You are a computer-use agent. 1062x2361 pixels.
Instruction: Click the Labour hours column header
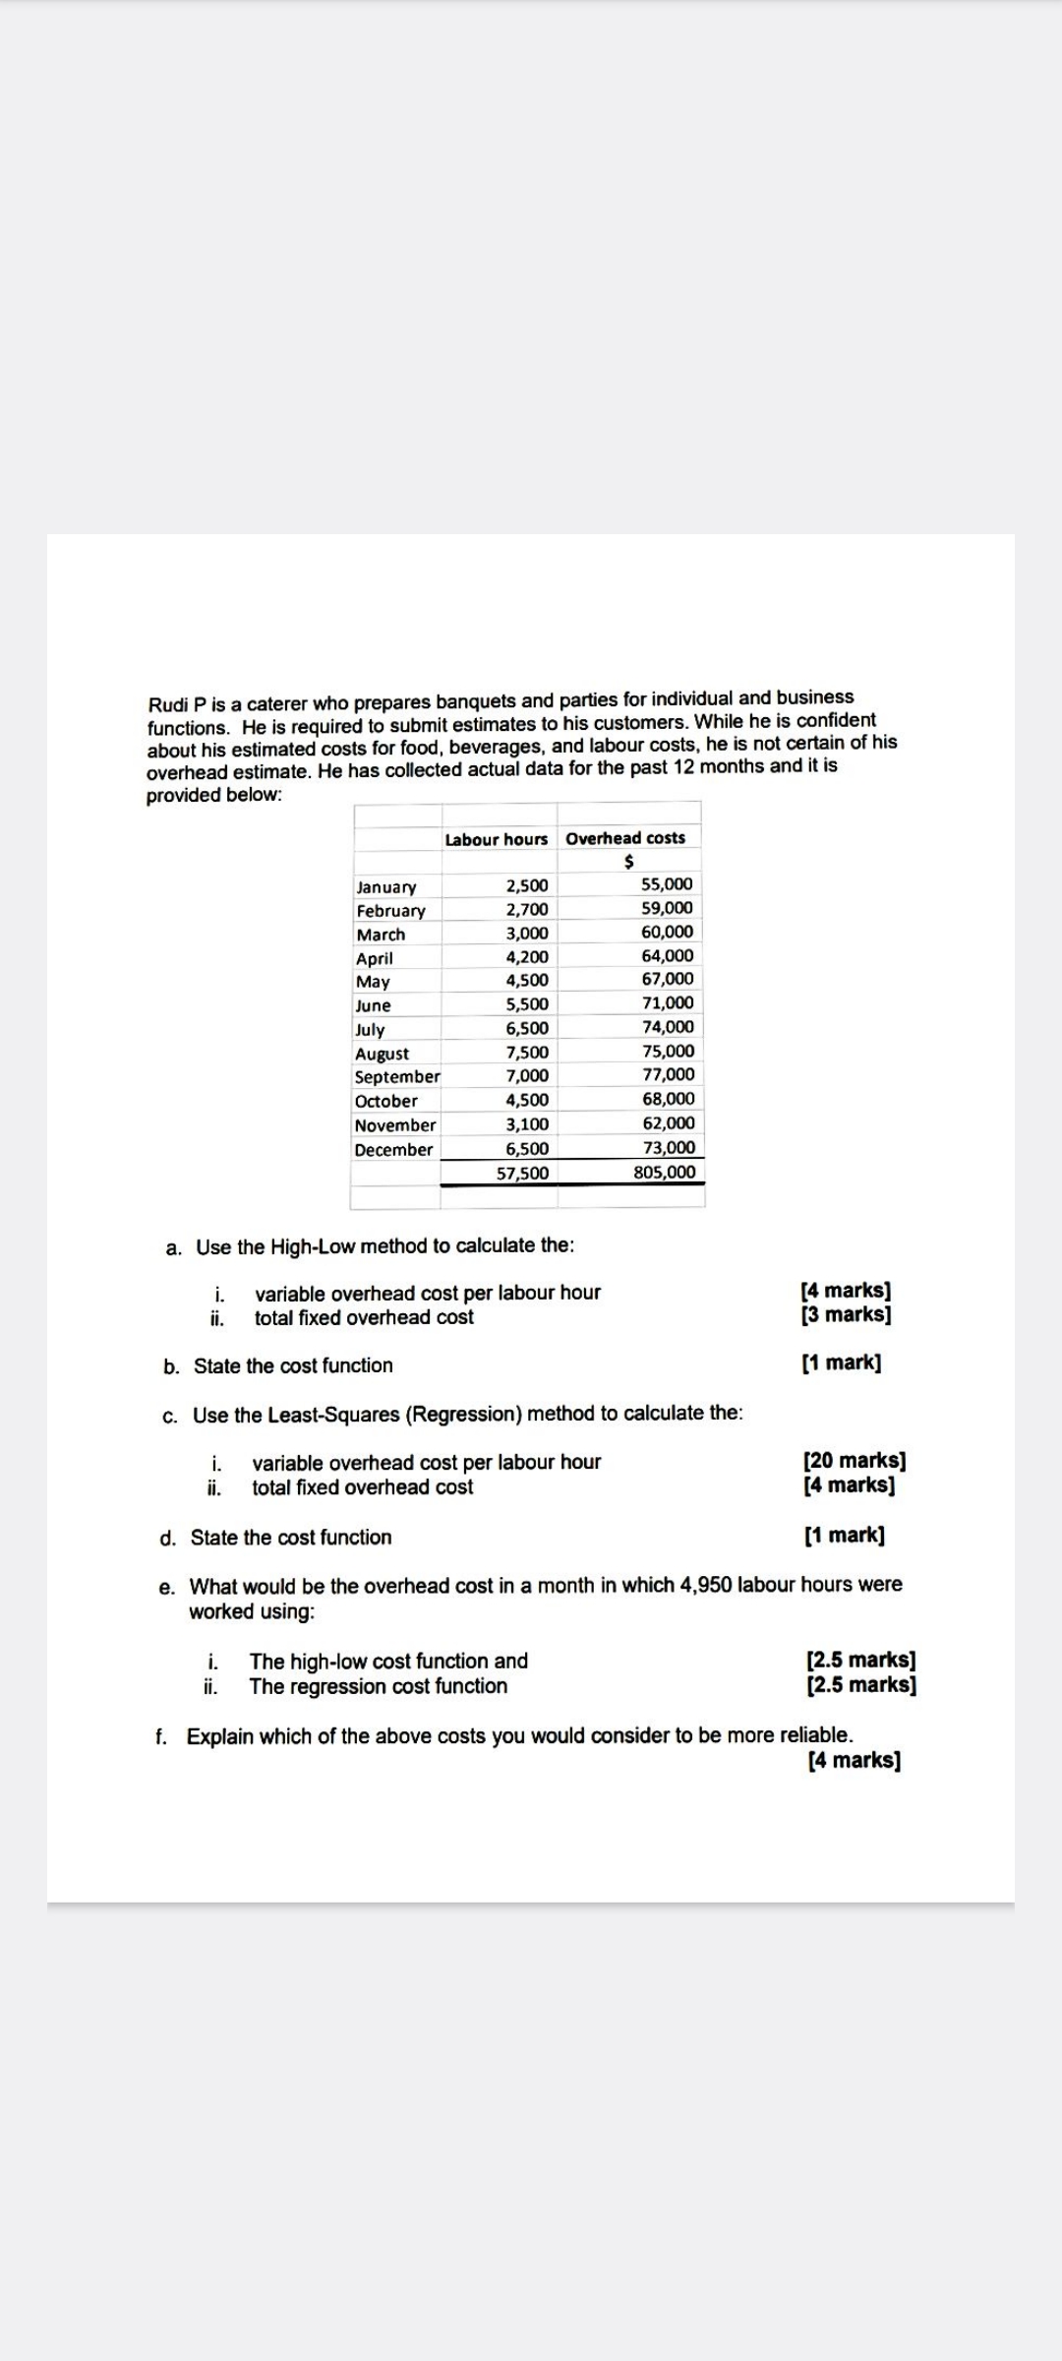(496, 839)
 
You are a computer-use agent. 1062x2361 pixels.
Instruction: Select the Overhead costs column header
(625, 838)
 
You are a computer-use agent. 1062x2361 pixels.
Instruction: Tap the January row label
(385, 887)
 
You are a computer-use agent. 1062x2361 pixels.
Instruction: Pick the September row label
(397, 1077)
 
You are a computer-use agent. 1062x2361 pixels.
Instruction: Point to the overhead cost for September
(668, 1075)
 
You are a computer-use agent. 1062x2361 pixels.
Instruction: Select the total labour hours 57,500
(522, 1173)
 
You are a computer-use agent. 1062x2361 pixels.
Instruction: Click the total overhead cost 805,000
(665, 1172)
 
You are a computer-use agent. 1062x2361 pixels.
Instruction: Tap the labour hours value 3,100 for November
(527, 1124)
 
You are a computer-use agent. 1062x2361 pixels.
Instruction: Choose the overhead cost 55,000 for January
(667, 884)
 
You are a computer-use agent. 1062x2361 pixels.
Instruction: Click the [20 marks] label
(854, 1460)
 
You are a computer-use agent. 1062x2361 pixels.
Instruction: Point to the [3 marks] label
(846, 1314)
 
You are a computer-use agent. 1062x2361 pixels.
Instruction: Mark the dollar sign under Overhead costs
(628, 862)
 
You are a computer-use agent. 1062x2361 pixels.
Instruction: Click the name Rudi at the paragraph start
(167, 704)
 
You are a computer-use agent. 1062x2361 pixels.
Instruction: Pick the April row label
(374, 958)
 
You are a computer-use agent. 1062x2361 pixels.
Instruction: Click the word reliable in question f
(815, 1735)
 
